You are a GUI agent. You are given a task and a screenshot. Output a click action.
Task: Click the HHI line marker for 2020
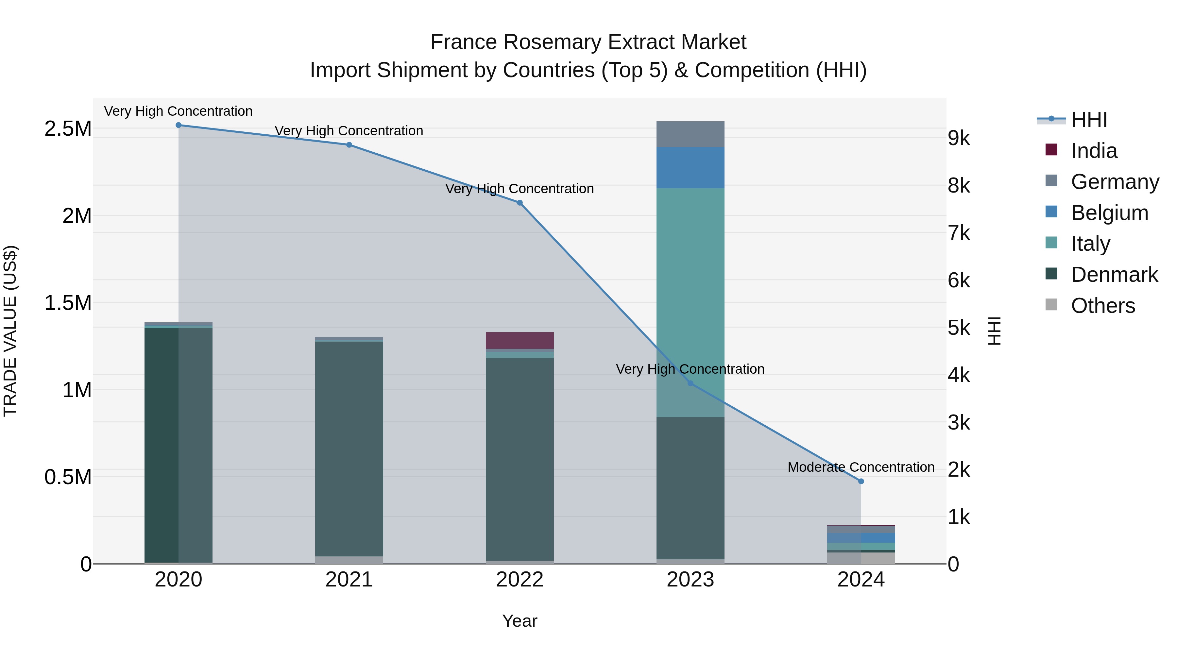pos(178,125)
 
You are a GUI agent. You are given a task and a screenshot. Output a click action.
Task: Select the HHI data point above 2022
pos(520,203)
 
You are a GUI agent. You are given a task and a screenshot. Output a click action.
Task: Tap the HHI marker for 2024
pos(861,481)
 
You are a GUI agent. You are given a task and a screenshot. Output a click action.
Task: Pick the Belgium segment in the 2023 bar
pos(690,168)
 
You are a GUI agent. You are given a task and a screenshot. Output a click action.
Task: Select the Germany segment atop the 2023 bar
pos(690,134)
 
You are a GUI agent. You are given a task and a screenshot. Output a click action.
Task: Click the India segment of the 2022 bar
pos(520,340)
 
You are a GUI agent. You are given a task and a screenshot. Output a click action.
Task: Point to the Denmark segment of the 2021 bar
pos(349,448)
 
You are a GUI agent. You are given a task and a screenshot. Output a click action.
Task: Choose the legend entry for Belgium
pos(1109,213)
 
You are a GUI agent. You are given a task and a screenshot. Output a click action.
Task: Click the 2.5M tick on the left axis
pos(68,129)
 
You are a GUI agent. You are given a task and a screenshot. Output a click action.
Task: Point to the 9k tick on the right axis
pos(959,138)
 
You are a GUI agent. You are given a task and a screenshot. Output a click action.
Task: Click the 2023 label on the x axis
pos(690,580)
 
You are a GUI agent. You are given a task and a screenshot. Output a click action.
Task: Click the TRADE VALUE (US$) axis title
pos(10,331)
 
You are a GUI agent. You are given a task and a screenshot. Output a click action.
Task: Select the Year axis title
pos(520,621)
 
